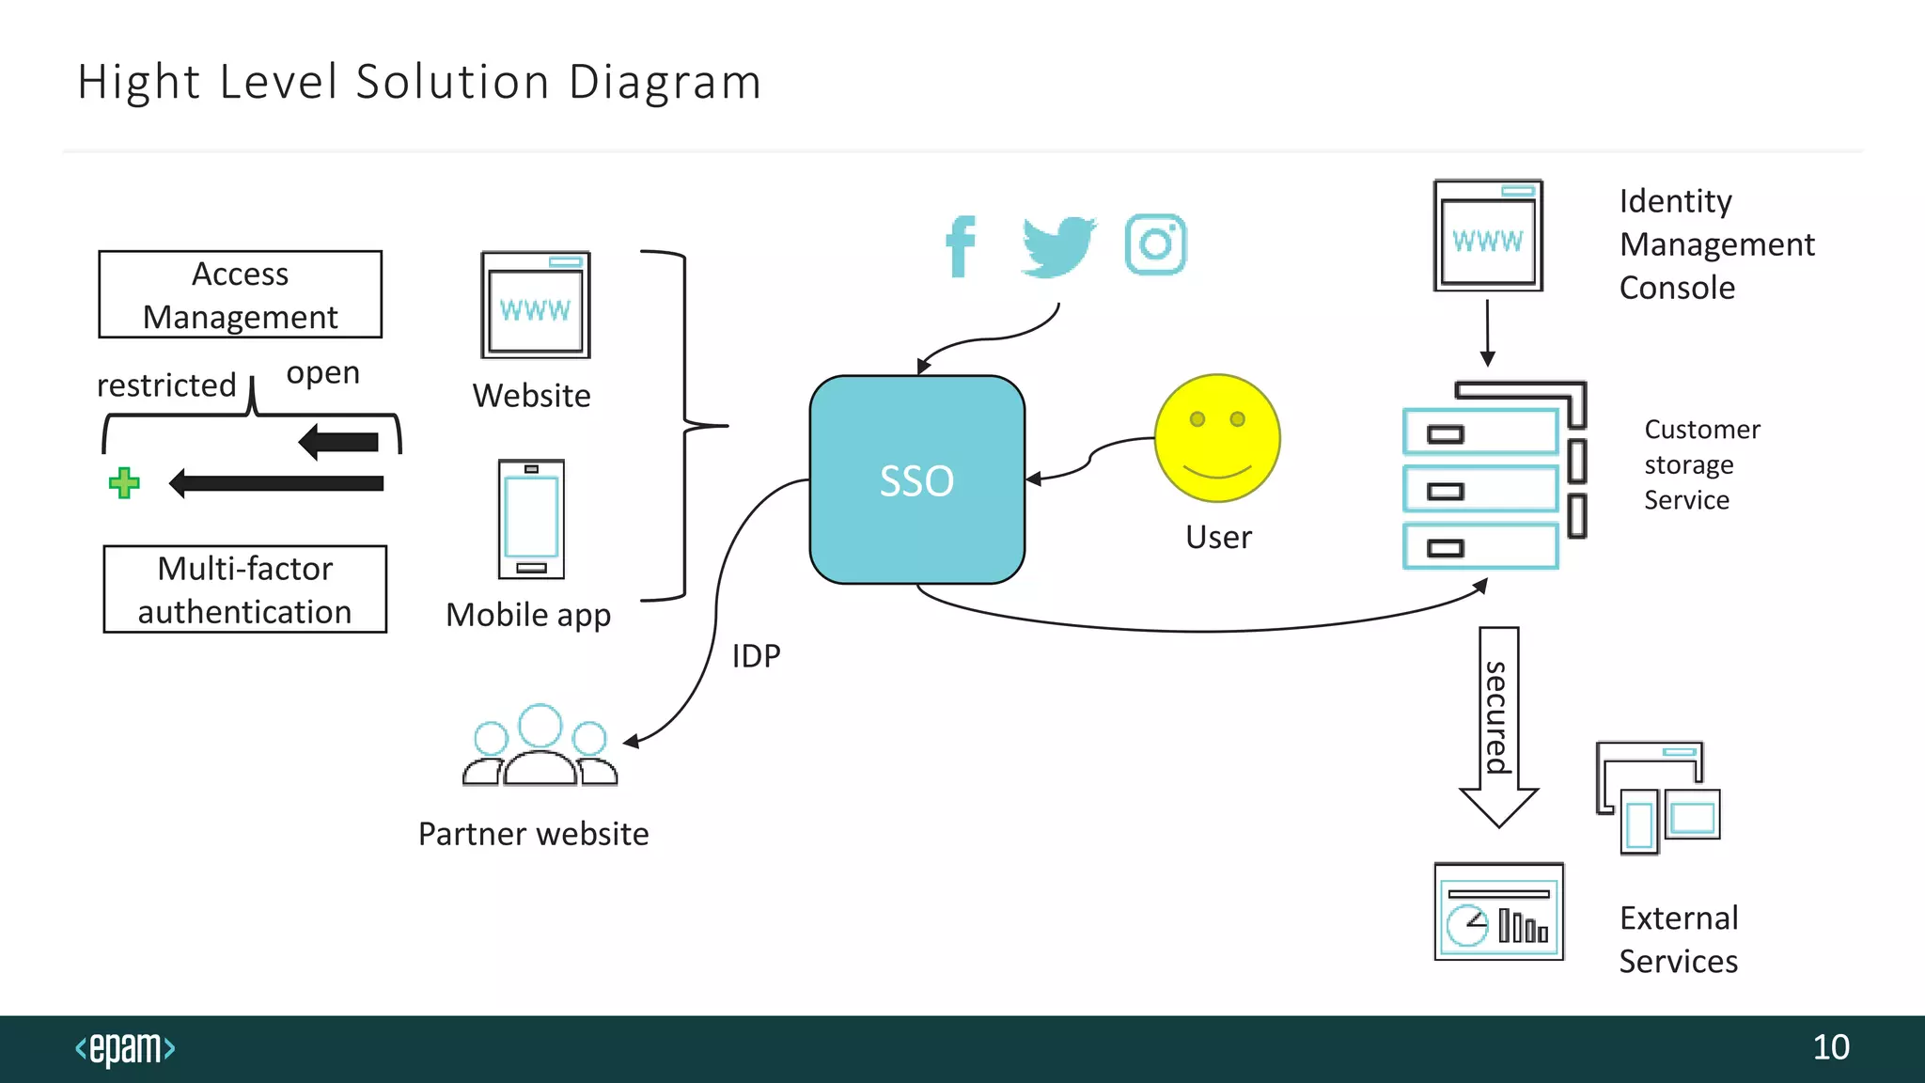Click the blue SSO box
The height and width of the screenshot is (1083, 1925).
click(916, 479)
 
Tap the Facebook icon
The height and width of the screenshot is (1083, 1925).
click(961, 246)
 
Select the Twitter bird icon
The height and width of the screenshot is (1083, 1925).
click(1058, 246)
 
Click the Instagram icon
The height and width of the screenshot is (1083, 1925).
click(1155, 244)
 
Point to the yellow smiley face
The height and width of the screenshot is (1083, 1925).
click(1217, 438)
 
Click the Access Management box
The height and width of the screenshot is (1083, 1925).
click(241, 294)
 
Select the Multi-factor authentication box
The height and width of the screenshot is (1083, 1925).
click(244, 589)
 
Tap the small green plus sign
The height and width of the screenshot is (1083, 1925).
click(124, 483)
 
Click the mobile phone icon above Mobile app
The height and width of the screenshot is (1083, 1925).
click(531, 519)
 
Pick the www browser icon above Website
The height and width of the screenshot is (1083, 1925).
click(536, 305)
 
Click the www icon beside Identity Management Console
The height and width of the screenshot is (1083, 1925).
click(1488, 235)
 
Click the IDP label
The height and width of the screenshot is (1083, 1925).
click(756, 656)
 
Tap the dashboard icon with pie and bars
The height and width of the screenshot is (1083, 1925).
click(1498, 912)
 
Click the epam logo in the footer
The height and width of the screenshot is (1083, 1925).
click(125, 1048)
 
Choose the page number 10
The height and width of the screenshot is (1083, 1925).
click(1830, 1047)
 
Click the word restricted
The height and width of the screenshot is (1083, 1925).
click(166, 385)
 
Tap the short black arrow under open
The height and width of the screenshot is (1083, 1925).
click(339, 442)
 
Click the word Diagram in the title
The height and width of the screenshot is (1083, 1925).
click(665, 83)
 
